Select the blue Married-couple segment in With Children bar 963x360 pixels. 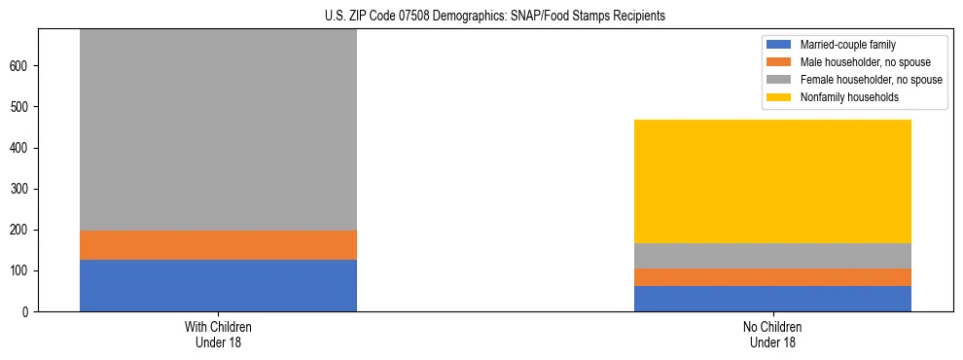click(218, 285)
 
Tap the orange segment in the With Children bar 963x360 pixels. click(218, 245)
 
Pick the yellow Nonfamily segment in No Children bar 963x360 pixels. click(772, 181)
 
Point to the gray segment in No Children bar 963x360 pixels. click(772, 256)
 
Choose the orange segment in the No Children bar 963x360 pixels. click(772, 277)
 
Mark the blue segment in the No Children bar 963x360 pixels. click(772, 299)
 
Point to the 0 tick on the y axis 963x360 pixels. click(27, 311)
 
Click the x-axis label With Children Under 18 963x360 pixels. click(218, 335)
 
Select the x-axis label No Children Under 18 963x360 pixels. click(772, 335)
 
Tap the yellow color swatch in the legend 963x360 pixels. click(779, 97)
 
